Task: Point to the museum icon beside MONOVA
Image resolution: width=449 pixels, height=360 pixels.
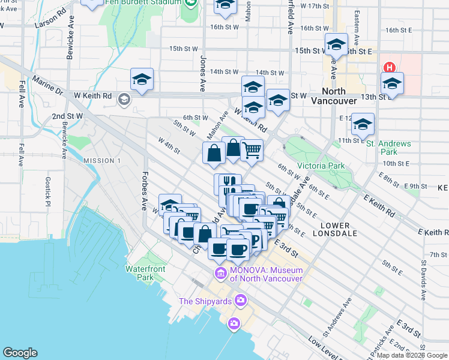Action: pyautogui.click(x=220, y=274)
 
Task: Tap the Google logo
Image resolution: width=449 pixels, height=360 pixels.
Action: pyautogui.click(x=20, y=353)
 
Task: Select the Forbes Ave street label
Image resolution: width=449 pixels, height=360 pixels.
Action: pyautogui.click(x=144, y=191)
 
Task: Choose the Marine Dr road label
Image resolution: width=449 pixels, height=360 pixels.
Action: pyautogui.click(x=48, y=85)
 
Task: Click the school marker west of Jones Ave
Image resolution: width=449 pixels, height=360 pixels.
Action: pyautogui.click(x=142, y=80)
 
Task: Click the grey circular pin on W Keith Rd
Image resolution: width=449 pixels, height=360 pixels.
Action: pyautogui.click(x=124, y=99)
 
